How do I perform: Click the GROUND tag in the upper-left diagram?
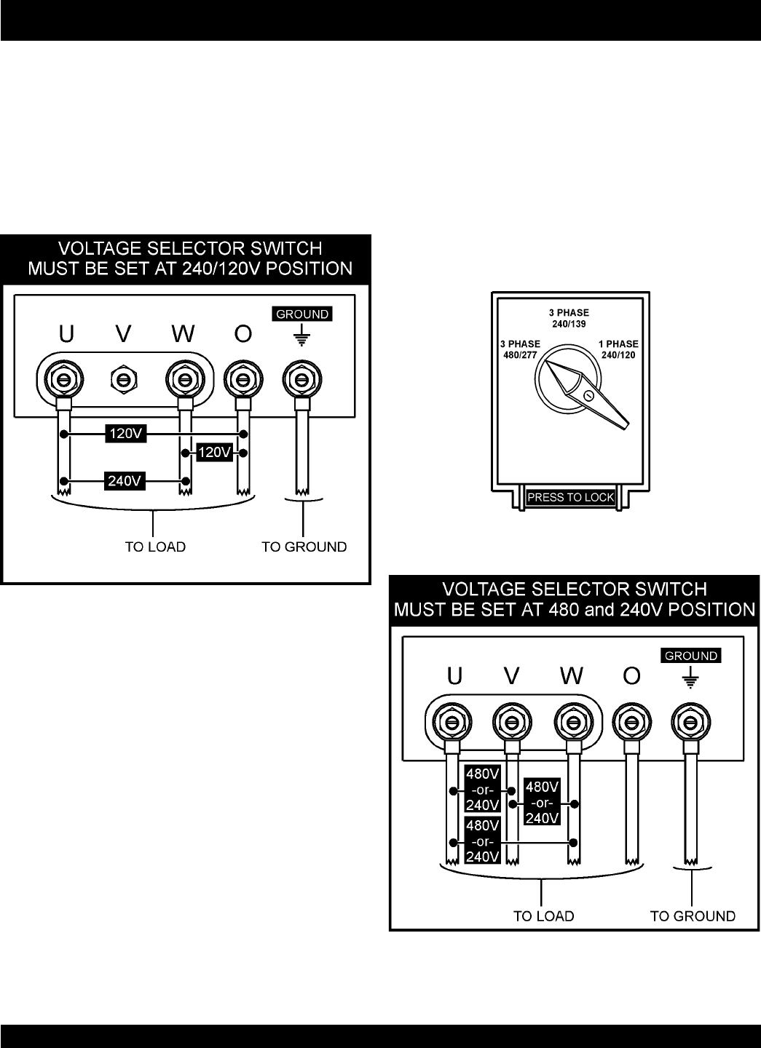coord(302,314)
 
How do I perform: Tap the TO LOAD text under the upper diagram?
coord(155,547)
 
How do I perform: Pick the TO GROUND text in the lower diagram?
coord(693,916)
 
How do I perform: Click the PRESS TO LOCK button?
coord(571,498)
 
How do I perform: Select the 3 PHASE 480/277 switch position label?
coord(520,350)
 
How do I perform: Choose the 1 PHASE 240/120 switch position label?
coord(618,350)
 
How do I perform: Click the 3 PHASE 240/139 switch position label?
coord(569,318)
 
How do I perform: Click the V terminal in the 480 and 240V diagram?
coord(511,722)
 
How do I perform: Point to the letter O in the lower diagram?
coord(631,676)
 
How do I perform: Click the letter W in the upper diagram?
coord(183,334)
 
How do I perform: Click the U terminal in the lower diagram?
coord(451,722)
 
